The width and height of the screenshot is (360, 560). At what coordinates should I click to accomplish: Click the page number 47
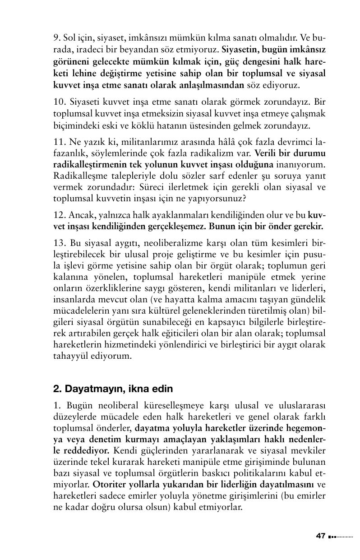(320, 536)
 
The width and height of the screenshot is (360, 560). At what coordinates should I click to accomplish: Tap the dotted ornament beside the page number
(341, 537)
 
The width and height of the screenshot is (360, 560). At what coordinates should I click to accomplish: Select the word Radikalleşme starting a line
(78, 176)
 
